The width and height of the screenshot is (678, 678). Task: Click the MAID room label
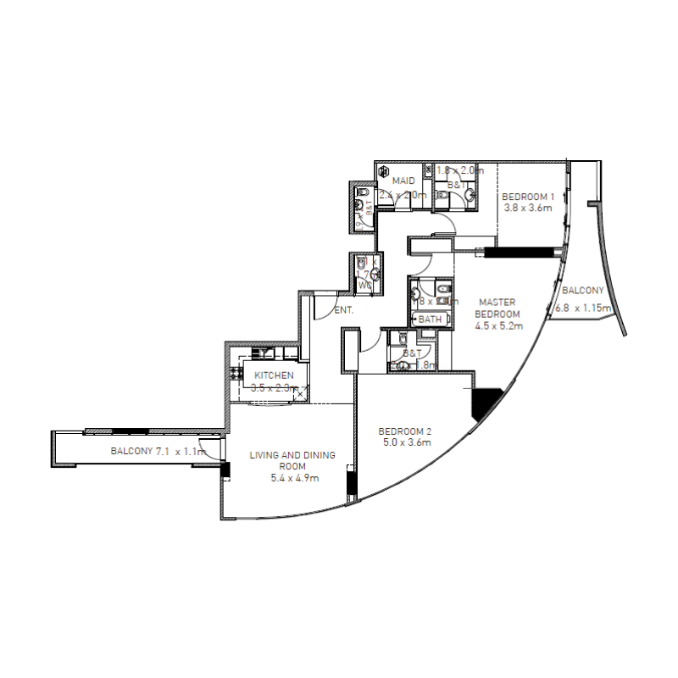(x=403, y=181)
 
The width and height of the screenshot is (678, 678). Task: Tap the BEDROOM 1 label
(x=528, y=197)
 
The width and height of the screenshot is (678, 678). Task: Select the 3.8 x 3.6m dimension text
(x=528, y=208)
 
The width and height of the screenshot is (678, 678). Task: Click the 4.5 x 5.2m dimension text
(x=498, y=325)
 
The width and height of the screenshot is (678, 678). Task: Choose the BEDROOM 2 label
(x=405, y=430)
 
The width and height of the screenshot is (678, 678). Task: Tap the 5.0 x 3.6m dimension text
(x=405, y=442)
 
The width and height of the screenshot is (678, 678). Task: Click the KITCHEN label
(x=274, y=375)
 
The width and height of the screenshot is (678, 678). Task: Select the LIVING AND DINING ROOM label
(x=292, y=460)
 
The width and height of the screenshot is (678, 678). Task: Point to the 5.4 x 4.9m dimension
(x=292, y=479)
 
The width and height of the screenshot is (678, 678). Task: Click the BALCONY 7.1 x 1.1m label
(x=158, y=452)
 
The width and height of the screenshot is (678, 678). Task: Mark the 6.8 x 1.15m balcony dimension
(x=582, y=308)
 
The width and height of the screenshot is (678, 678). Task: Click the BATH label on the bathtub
(x=430, y=320)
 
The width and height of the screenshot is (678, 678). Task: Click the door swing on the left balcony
(x=206, y=447)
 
